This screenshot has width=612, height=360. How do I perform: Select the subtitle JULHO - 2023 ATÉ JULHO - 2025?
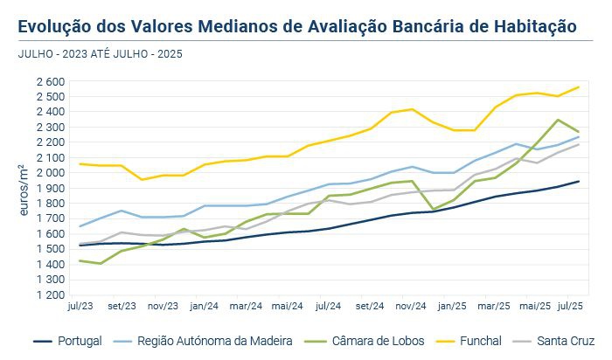click(x=100, y=53)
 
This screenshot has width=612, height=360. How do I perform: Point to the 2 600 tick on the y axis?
click(x=51, y=81)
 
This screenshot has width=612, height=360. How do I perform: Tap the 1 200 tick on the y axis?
click(x=51, y=295)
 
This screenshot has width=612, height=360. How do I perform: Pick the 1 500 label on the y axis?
click(x=51, y=249)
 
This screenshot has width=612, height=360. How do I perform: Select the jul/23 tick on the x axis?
click(x=80, y=307)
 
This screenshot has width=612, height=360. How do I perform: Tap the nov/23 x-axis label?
click(x=163, y=307)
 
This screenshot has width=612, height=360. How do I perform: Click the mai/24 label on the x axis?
click(x=287, y=307)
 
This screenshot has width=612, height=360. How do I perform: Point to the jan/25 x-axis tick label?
click(x=452, y=307)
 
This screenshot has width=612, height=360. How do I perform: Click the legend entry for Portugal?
click(x=78, y=341)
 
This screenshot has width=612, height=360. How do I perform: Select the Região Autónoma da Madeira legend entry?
click(x=215, y=341)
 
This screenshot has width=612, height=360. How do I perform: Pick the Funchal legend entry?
click(x=477, y=341)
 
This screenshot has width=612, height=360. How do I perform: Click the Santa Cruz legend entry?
click(x=561, y=341)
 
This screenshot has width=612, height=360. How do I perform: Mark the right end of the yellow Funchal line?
click(x=578, y=87)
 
